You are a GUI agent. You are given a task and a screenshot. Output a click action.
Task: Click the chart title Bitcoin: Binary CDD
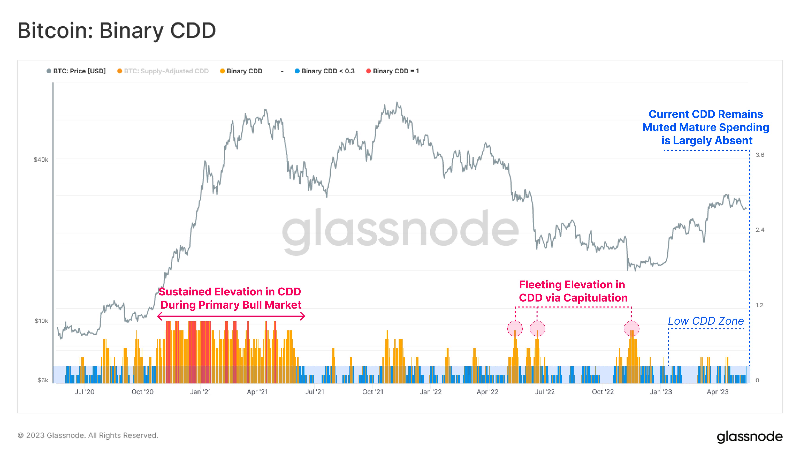116,31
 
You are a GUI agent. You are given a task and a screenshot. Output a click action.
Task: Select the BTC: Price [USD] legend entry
79,71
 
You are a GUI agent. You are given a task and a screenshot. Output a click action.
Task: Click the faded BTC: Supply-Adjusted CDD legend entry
166,71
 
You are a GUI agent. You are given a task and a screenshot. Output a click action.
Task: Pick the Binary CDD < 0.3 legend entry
328,71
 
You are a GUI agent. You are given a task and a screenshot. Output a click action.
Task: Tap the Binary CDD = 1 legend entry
395,71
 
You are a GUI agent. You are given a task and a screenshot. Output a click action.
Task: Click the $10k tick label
41,321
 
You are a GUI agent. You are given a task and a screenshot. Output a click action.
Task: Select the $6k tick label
43,380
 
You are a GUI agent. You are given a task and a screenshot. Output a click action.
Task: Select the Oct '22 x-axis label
603,392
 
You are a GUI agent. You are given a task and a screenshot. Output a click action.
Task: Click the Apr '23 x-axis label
717,392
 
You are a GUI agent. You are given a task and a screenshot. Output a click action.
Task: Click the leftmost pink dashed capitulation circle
515,328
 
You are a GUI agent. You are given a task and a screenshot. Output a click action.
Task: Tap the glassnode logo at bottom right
749,437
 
